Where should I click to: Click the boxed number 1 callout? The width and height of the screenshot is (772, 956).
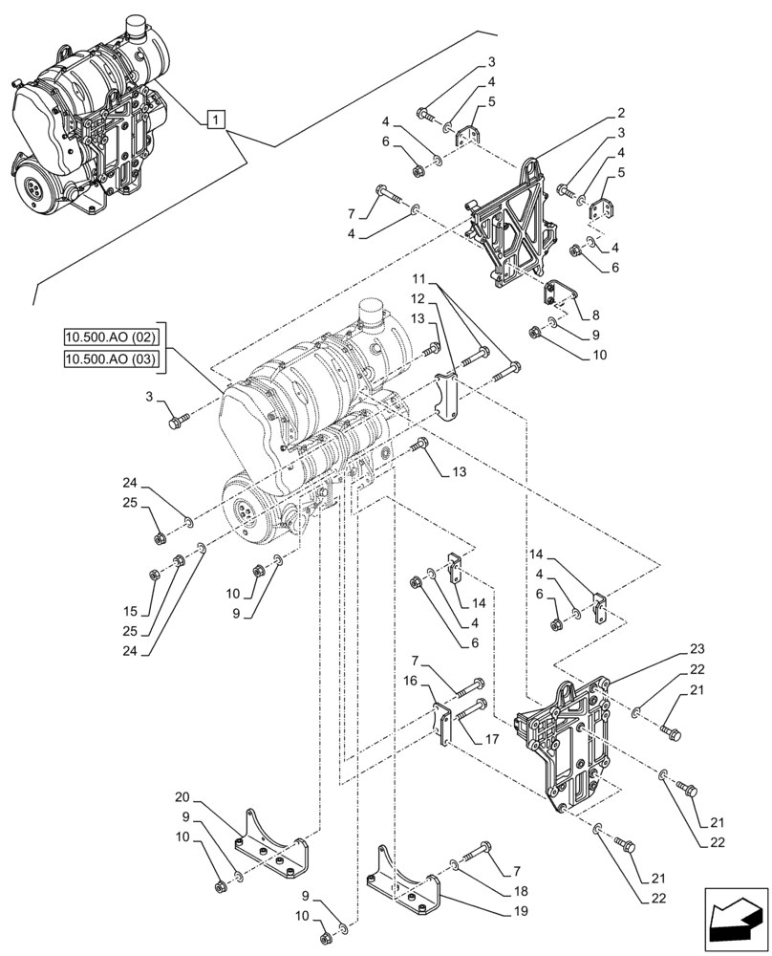click(217, 119)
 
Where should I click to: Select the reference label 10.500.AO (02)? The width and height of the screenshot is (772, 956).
click(112, 337)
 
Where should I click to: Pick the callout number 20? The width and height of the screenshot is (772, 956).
click(183, 797)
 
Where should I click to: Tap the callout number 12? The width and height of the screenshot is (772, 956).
click(418, 300)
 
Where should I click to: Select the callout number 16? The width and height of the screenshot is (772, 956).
click(411, 681)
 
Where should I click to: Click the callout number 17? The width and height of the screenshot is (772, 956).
click(492, 739)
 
